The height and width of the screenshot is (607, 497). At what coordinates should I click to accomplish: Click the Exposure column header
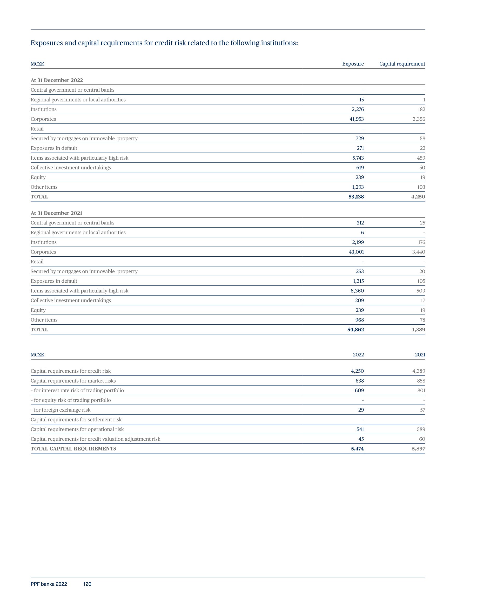(x=353, y=64)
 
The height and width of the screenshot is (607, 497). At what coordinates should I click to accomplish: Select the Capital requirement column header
(x=402, y=64)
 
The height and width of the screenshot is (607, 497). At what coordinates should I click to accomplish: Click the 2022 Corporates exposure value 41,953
(x=357, y=119)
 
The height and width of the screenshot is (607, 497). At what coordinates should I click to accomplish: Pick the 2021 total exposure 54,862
(x=355, y=330)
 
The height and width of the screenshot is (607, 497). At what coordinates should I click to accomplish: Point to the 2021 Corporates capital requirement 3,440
(x=418, y=252)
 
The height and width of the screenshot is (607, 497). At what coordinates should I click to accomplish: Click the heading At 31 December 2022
(x=57, y=80)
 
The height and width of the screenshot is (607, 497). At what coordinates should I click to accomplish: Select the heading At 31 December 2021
(x=56, y=213)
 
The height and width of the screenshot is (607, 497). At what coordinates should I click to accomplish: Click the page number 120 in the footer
(x=87, y=584)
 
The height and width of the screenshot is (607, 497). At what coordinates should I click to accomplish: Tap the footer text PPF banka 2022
(x=49, y=584)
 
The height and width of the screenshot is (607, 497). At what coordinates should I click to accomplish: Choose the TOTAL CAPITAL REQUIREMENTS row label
(x=73, y=449)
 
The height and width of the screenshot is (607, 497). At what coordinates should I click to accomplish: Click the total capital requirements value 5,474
(x=357, y=449)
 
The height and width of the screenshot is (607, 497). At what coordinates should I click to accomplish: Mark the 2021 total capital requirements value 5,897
(x=418, y=449)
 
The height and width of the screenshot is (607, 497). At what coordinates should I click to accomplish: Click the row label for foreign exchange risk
(x=61, y=410)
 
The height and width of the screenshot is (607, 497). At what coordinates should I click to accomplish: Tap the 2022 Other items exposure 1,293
(x=358, y=187)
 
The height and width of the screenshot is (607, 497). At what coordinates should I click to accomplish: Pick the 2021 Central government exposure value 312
(x=360, y=223)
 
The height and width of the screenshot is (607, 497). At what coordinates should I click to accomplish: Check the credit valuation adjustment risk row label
(x=95, y=439)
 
